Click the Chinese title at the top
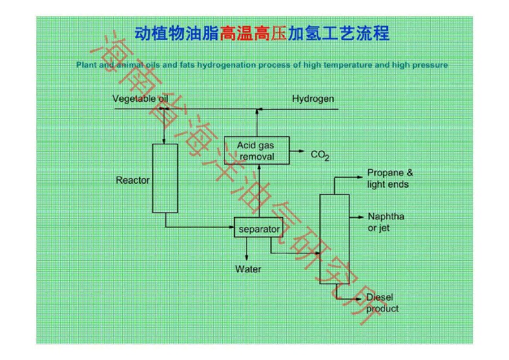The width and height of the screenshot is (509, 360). point(261,32)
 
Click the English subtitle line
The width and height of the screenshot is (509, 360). point(262,65)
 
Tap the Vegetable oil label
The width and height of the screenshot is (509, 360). point(140,99)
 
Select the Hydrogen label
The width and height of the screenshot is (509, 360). point(313,99)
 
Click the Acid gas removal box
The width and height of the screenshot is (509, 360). point(257,151)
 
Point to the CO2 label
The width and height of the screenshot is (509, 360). point(320,155)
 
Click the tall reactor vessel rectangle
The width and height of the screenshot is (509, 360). point(165,178)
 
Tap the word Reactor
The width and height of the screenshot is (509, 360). point(133,180)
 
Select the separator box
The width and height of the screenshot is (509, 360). point(259,229)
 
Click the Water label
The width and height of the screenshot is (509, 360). point(248,269)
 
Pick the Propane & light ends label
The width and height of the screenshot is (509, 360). point(389,178)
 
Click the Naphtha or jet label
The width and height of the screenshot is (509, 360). point(386,222)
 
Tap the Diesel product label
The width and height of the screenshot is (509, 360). point(382,303)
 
